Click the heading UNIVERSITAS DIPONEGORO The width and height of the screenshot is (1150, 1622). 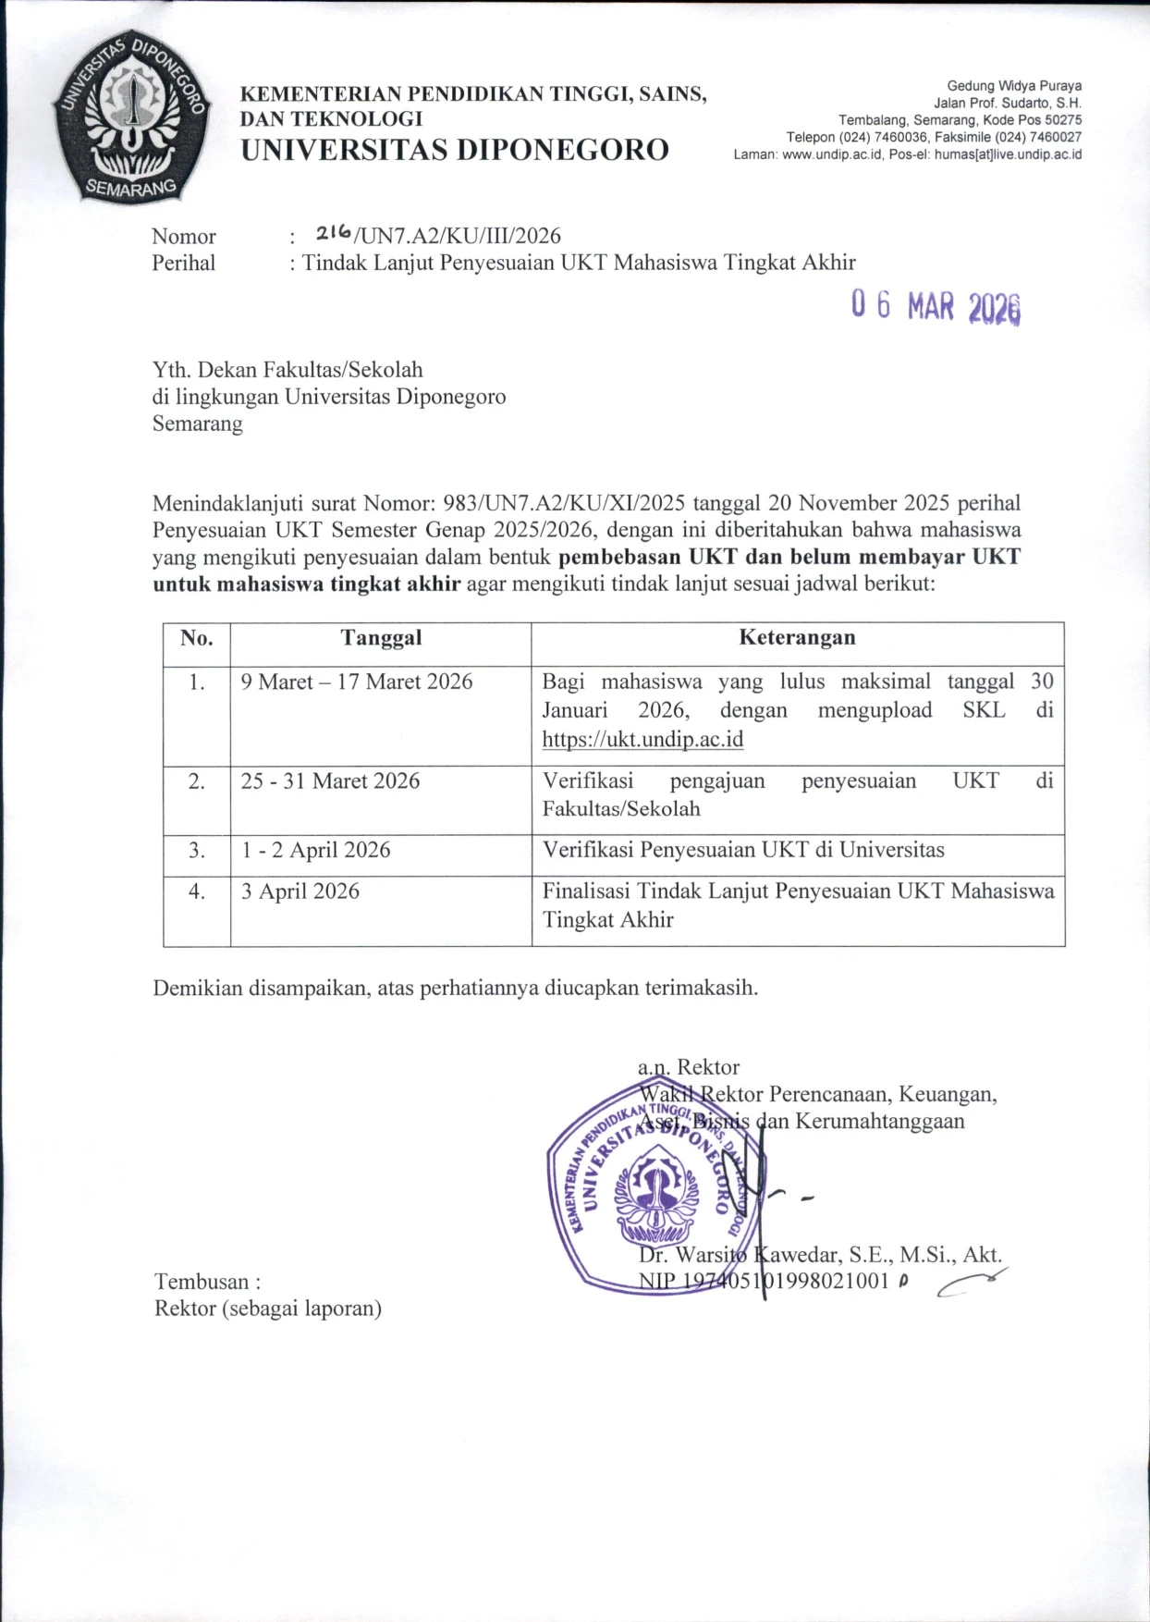pyautogui.click(x=455, y=150)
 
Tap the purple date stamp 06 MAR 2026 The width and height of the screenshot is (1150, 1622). pyautogui.click(x=936, y=306)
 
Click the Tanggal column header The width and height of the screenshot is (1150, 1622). pyautogui.click(x=381, y=637)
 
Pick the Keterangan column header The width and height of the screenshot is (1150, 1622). pyautogui.click(x=797, y=637)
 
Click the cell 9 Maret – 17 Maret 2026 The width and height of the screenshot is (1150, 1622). pyautogui.click(x=357, y=682)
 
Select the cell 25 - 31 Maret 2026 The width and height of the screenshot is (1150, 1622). pyautogui.click(x=330, y=781)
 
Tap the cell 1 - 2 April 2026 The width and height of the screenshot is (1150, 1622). pyautogui.click(x=316, y=850)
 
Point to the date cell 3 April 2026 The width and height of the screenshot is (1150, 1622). pyautogui.click(x=300, y=891)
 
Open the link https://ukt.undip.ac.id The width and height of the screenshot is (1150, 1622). pyautogui.click(x=642, y=740)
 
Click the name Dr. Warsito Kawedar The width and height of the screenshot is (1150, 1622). pyautogui.click(x=740, y=1255)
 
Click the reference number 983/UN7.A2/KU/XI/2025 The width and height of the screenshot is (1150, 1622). pyautogui.click(x=564, y=503)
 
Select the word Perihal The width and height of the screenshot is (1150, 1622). pyautogui.click(x=184, y=264)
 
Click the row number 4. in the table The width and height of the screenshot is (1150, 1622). pyautogui.click(x=197, y=891)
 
